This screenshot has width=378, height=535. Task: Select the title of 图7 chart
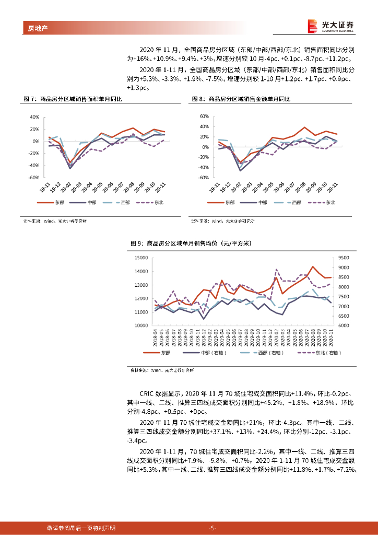(x=73, y=99)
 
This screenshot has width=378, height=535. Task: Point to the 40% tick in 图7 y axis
(x=34, y=117)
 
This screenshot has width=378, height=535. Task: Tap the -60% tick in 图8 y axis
(x=203, y=178)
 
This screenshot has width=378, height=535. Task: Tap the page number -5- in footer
(x=213, y=528)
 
